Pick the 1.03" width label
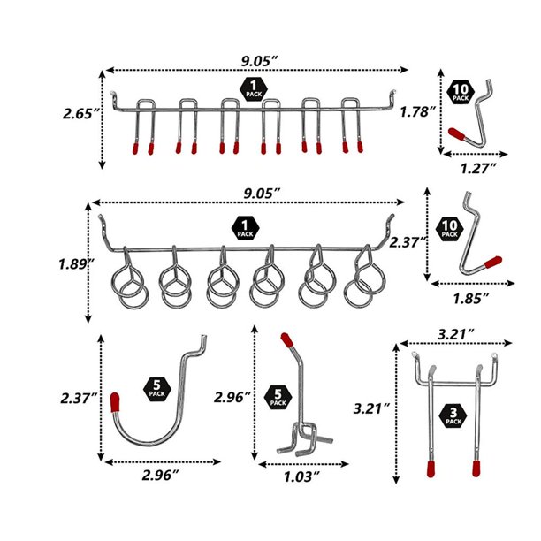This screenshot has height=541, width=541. click(x=302, y=476)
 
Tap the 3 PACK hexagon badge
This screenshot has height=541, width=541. click(x=453, y=421)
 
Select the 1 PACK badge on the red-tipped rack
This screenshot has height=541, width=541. click(x=255, y=88)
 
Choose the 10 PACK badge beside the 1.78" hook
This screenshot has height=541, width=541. click(x=461, y=94)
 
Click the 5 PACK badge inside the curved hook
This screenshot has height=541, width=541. click(x=156, y=390)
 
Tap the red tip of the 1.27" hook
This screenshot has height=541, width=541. click(x=457, y=134)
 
